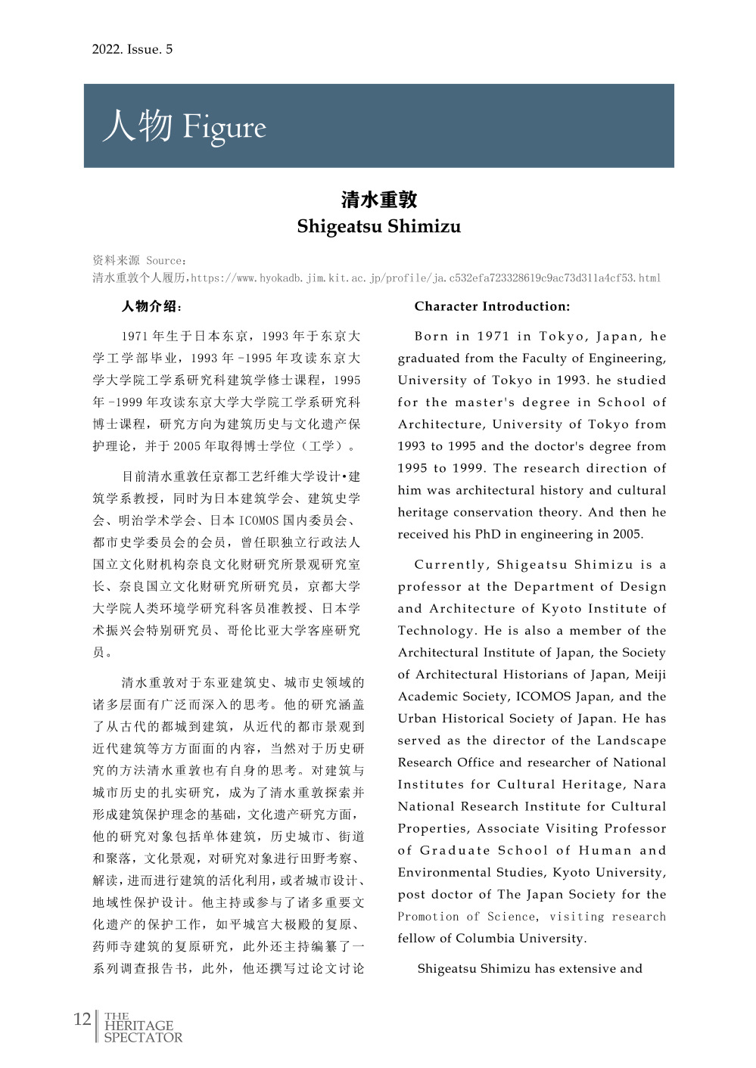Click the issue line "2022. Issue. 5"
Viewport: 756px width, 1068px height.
point(132,50)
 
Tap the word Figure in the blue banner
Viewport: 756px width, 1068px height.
point(225,128)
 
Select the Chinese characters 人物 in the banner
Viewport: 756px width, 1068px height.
point(138,126)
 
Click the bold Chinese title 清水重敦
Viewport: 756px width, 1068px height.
point(378,200)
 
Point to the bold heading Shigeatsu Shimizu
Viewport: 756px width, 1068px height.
point(378,226)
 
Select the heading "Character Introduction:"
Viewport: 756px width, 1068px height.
point(492,306)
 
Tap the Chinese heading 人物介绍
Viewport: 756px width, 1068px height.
point(151,306)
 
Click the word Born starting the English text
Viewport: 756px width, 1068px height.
point(431,337)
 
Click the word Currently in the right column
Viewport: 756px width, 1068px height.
point(451,565)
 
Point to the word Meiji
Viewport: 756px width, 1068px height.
point(650,675)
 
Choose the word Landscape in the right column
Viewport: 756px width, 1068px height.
point(631,740)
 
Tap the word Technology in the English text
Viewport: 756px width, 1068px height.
point(437,631)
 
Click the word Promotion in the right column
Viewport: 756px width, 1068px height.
point(428,917)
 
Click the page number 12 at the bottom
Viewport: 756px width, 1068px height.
point(82,1019)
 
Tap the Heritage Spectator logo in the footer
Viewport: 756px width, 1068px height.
point(142,1028)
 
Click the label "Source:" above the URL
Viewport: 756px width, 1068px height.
point(166,261)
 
